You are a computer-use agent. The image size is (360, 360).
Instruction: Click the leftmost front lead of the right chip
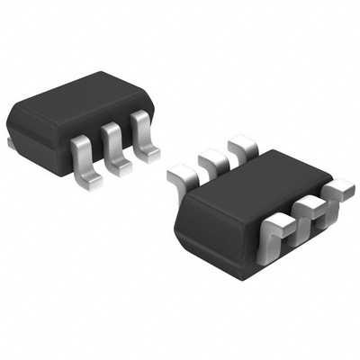click(x=274, y=236)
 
